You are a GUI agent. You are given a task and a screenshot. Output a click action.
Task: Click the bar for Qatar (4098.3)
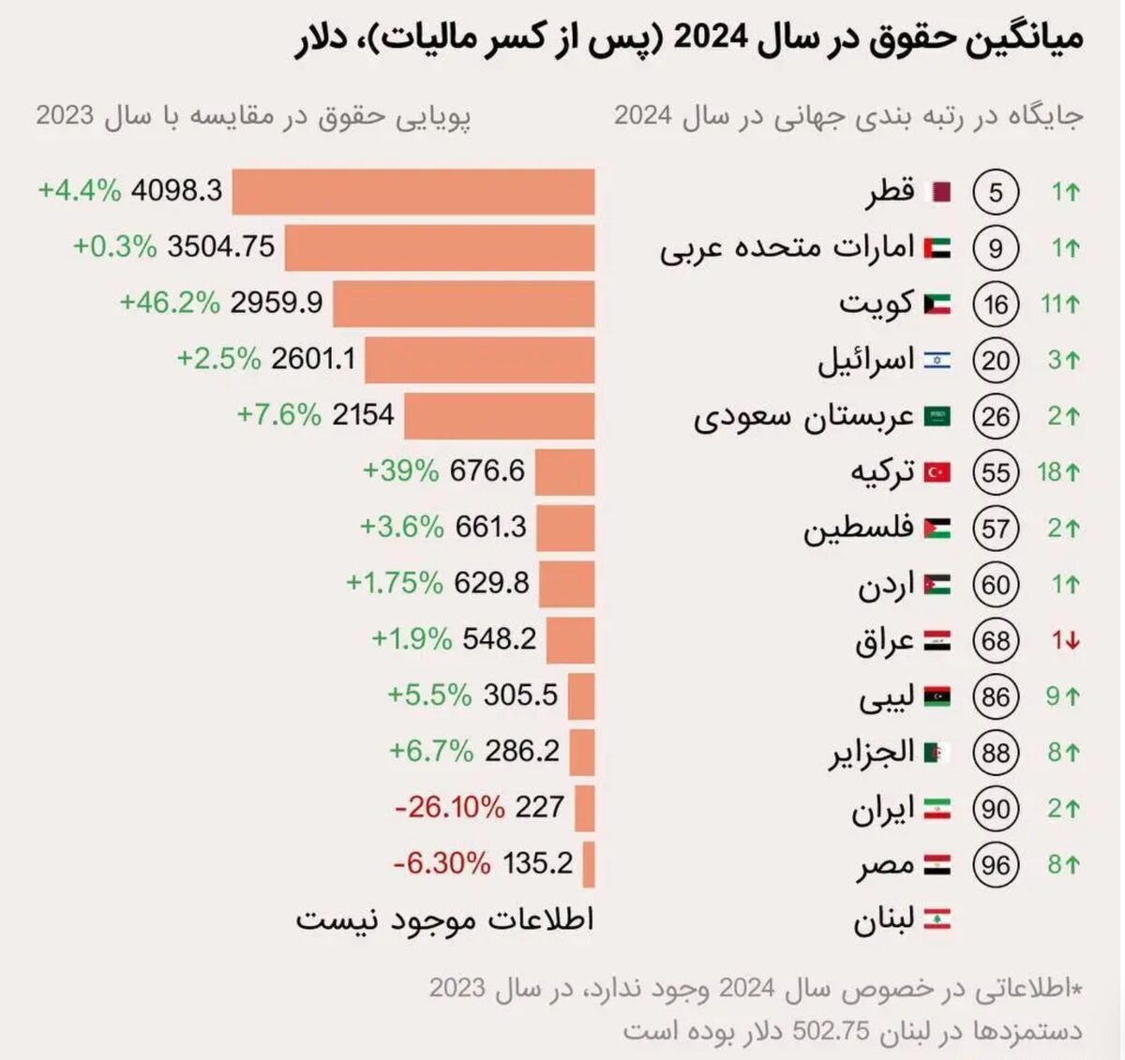413,192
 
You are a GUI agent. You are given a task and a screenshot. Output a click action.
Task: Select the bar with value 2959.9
464,304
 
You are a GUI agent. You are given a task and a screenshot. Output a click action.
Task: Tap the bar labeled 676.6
565,471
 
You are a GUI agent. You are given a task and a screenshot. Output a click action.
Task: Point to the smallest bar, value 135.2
589,863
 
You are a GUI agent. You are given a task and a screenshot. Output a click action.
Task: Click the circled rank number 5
996,192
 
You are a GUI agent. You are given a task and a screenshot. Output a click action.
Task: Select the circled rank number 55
996,471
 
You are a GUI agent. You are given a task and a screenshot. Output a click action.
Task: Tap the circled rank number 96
996,864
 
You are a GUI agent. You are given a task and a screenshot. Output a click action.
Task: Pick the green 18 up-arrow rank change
1058,471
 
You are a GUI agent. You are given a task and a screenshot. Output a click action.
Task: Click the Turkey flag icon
937,471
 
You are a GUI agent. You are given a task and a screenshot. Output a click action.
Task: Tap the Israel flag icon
937,360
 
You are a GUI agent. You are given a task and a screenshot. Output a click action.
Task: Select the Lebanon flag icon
937,919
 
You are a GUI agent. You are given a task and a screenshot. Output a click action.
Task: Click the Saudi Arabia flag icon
937,416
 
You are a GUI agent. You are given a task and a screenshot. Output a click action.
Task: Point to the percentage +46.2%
170,303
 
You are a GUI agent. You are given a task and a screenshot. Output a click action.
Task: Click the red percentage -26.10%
449,807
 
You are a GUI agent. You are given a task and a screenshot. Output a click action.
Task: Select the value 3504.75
221,246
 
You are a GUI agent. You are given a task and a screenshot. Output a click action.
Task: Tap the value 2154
363,414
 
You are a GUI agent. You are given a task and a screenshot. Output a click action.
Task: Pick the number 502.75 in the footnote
829,1031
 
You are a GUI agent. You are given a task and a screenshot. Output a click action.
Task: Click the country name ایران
882,808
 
